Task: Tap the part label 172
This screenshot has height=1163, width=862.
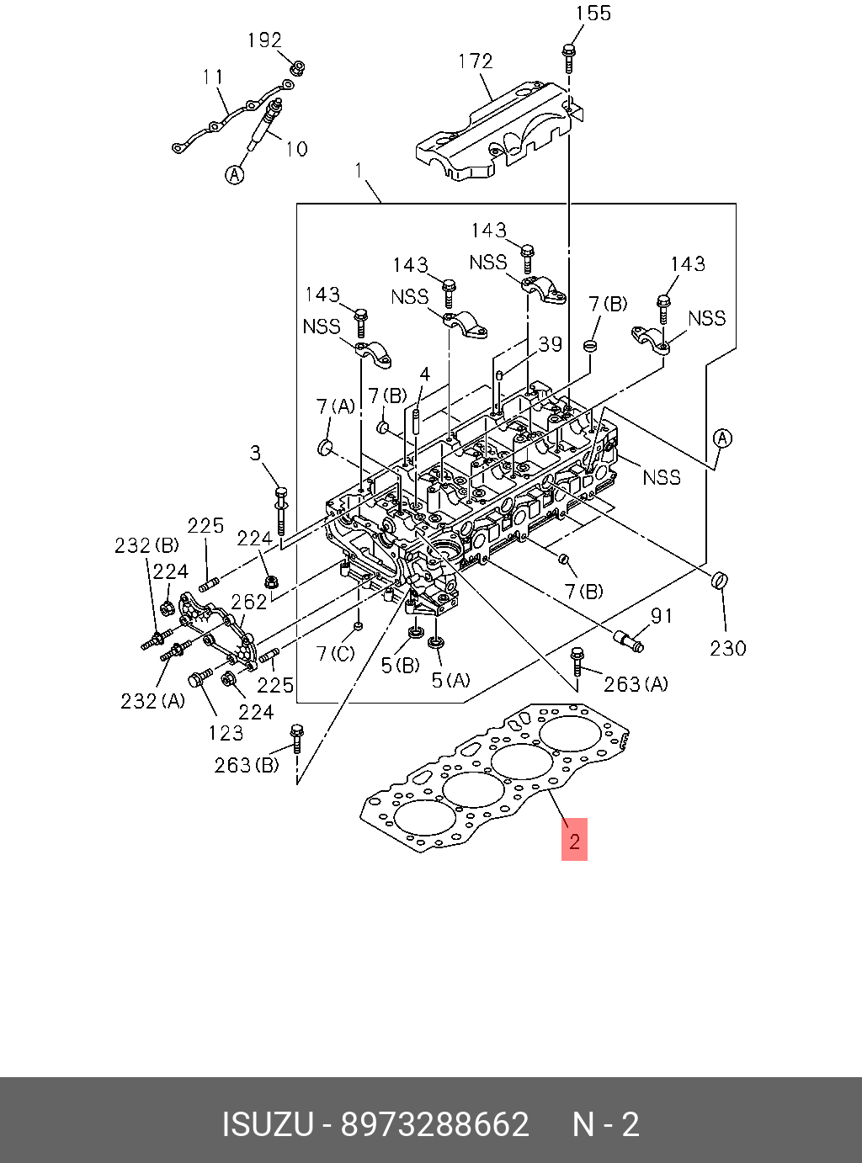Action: (x=476, y=61)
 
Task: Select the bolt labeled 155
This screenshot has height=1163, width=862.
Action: (x=569, y=59)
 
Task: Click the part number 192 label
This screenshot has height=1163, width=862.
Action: (x=265, y=40)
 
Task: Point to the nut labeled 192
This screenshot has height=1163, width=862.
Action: (x=298, y=68)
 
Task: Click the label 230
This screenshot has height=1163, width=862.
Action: (x=728, y=649)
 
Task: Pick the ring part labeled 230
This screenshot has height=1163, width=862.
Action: (x=719, y=580)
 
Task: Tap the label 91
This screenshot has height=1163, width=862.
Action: (x=661, y=616)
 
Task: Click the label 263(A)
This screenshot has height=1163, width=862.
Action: (x=636, y=684)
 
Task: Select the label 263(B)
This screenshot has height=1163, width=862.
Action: (x=247, y=766)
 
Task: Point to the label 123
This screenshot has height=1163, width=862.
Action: (x=226, y=733)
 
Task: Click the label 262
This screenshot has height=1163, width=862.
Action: (x=249, y=602)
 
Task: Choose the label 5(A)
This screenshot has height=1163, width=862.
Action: (x=451, y=681)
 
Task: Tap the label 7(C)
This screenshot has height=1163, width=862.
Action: (x=336, y=653)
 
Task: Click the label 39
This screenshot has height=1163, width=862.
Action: (x=551, y=344)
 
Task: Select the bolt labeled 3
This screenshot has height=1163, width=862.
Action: (x=281, y=510)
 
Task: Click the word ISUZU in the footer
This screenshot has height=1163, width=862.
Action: (x=268, y=1124)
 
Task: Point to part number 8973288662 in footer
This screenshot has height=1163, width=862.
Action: (x=435, y=1124)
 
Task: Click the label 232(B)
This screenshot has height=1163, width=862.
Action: (x=147, y=546)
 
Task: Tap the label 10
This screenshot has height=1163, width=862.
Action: (x=296, y=149)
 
